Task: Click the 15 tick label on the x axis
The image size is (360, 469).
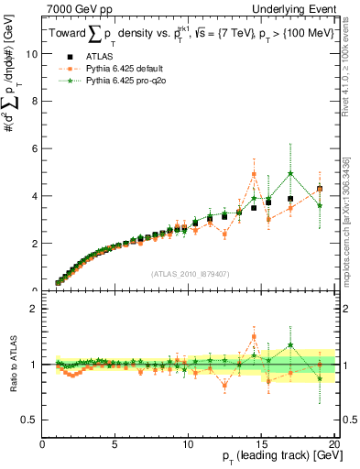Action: [x=261, y=446]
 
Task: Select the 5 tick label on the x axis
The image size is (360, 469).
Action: [x=115, y=446]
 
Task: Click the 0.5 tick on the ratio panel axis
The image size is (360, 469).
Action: [x=30, y=420]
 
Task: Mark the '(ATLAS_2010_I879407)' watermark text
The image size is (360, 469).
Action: [x=189, y=273]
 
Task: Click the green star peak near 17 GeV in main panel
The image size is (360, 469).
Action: [x=290, y=173]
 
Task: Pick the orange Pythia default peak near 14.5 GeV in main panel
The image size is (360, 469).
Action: [x=254, y=174]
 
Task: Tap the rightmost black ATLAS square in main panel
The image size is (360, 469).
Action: [x=320, y=189]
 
